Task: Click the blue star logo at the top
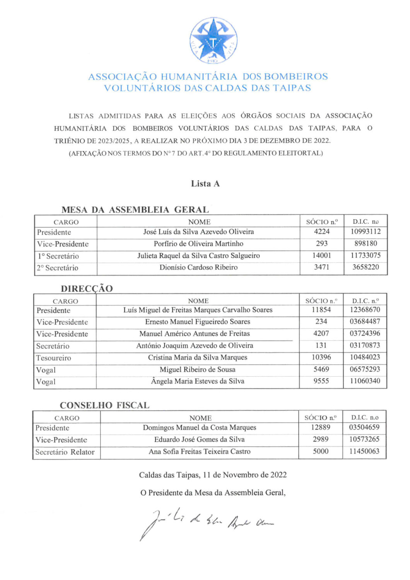click(213, 41)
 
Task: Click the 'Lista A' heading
click(205, 184)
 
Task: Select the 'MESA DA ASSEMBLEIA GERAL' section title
click(135, 210)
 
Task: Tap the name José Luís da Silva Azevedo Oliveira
click(198, 232)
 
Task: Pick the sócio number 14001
click(321, 256)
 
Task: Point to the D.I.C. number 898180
click(366, 244)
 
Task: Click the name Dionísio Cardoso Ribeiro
click(198, 267)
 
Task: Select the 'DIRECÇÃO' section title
click(87, 288)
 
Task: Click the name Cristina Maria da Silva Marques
click(197, 358)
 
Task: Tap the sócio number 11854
click(321, 310)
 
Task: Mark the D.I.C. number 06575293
click(365, 369)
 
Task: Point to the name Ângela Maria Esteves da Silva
click(197, 381)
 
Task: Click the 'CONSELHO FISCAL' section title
click(104, 405)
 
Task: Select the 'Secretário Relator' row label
click(65, 452)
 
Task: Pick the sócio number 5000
click(321, 451)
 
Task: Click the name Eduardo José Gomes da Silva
click(199, 440)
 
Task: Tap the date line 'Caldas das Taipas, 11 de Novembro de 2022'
click(213, 475)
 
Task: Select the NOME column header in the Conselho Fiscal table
click(200, 418)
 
